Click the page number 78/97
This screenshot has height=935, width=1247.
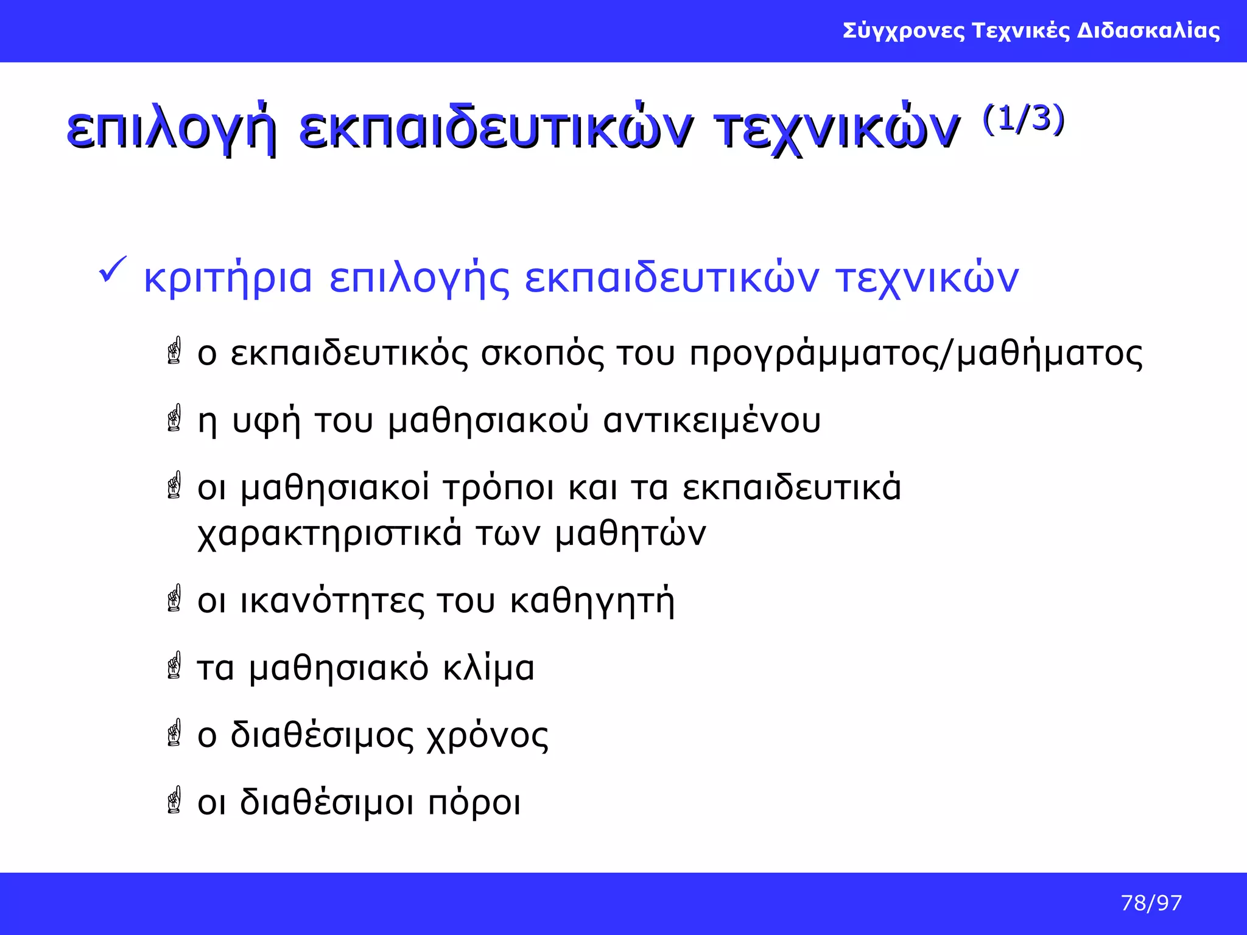tap(1151, 903)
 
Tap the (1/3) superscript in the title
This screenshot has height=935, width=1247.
tap(1023, 119)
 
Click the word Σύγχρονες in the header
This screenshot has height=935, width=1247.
tap(904, 31)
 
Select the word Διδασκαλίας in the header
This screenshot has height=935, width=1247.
tap(1148, 31)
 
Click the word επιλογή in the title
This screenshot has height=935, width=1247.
tap(171, 130)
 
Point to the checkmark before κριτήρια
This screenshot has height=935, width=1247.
tap(112, 269)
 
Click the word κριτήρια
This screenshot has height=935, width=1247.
tap(228, 279)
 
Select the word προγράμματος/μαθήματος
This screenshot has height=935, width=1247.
tap(916, 354)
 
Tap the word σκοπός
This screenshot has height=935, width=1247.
tap(543, 354)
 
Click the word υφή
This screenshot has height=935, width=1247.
tap(267, 421)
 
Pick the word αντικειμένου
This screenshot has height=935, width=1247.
tap(711, 421)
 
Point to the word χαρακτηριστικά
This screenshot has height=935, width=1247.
tap(329, 534)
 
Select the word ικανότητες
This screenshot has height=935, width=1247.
tap(332, 601)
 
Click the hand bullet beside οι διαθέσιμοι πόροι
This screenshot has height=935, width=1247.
tap(175, 800)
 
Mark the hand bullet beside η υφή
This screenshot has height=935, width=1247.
tap(175, 418)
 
